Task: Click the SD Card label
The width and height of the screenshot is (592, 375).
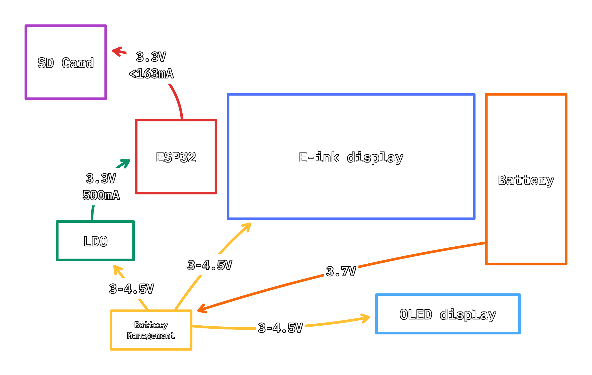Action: point(65,63)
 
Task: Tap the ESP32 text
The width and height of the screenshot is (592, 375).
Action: point(176,157)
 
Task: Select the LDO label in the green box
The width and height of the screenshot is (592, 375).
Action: point(95,241)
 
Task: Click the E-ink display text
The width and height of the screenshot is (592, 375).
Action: point(351,157)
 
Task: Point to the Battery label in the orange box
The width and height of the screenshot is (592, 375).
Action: point(526,180)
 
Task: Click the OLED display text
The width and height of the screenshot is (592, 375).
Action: point(448,314)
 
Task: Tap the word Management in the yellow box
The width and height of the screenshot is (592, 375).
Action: point(151,335)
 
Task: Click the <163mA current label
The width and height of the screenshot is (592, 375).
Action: point(151,74)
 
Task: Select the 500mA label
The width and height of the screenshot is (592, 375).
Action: point(101,195)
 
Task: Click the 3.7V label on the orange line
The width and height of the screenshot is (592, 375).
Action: point(341,271)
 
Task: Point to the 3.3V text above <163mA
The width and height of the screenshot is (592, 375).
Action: point(151,57)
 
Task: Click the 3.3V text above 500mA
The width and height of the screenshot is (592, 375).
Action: point(101,178)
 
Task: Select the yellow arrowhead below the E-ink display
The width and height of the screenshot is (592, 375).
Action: point(247,226)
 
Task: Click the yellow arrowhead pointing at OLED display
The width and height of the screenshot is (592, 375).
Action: point(366,318)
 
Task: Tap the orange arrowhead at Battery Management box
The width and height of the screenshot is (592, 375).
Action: point(202,309)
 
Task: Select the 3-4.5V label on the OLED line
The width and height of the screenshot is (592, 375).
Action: point(280,328)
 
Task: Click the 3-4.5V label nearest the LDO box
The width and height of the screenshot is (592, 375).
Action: point(131,289)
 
